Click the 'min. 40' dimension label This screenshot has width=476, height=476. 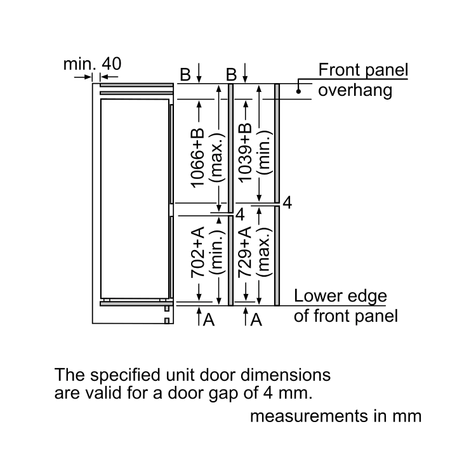coord(92,63)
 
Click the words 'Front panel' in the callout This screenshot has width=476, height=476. coord(363,70)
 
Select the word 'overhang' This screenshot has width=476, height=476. coord(355,90)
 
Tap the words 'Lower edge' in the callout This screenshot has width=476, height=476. coord(340,297)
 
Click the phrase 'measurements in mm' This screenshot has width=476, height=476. coord(336,416)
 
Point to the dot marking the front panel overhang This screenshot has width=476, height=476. coord(297,91)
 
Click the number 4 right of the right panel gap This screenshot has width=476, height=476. coord(287,204)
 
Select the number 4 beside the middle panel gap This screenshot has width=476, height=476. coord(240,215)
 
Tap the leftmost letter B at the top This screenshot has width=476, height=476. coord(185,75)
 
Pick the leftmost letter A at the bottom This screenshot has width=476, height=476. coord(209,321)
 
